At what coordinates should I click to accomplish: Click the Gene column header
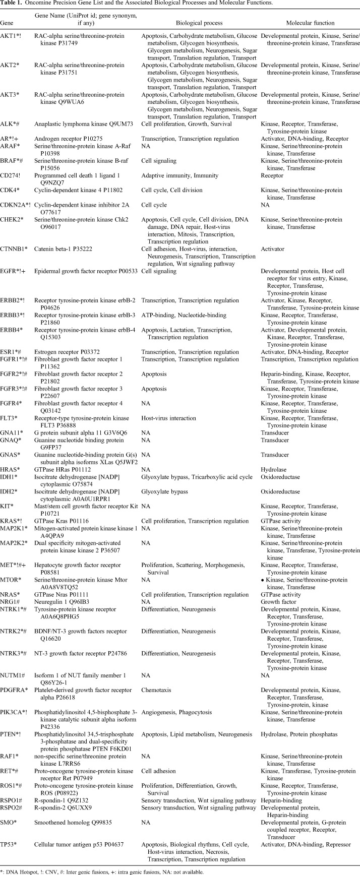coord(7,23)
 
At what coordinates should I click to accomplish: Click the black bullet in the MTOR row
coord(263,580)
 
